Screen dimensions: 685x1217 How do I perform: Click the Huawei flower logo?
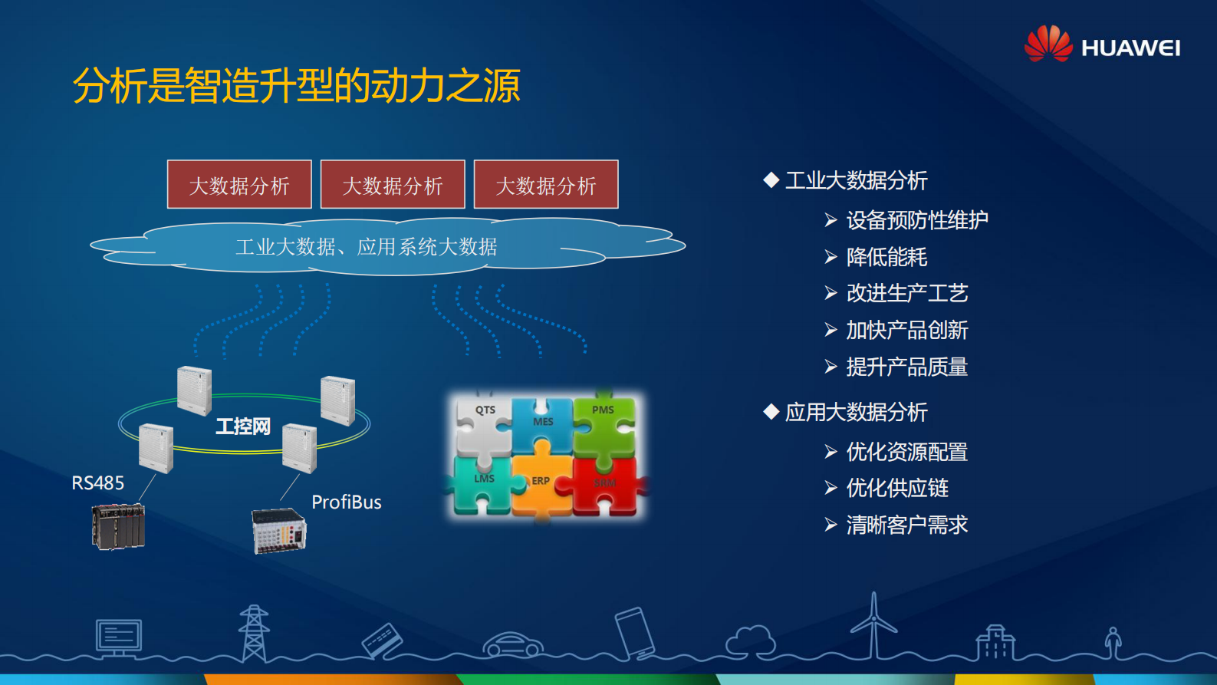[1048, 44]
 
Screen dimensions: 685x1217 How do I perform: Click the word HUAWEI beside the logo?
[1130, 48]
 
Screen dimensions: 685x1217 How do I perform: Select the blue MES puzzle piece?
[542, 425]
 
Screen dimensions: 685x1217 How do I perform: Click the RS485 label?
[97, 483]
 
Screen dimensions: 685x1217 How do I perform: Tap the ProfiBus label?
[346, 502]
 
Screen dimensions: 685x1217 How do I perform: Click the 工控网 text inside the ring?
[243, 426]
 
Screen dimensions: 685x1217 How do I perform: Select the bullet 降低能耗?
[886, 257]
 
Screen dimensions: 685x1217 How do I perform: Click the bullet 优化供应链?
[897, 488]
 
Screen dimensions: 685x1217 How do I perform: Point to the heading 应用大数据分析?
[856, 413]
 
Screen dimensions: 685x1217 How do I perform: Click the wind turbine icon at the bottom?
[873, 625]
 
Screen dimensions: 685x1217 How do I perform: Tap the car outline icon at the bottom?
[512, 644]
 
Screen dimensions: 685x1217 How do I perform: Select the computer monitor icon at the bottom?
[119, 637]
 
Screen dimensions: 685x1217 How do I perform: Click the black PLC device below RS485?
[118, 526]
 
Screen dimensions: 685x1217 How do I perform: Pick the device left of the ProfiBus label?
[279, 531]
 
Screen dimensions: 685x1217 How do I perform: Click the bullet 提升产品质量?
[906, 367]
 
